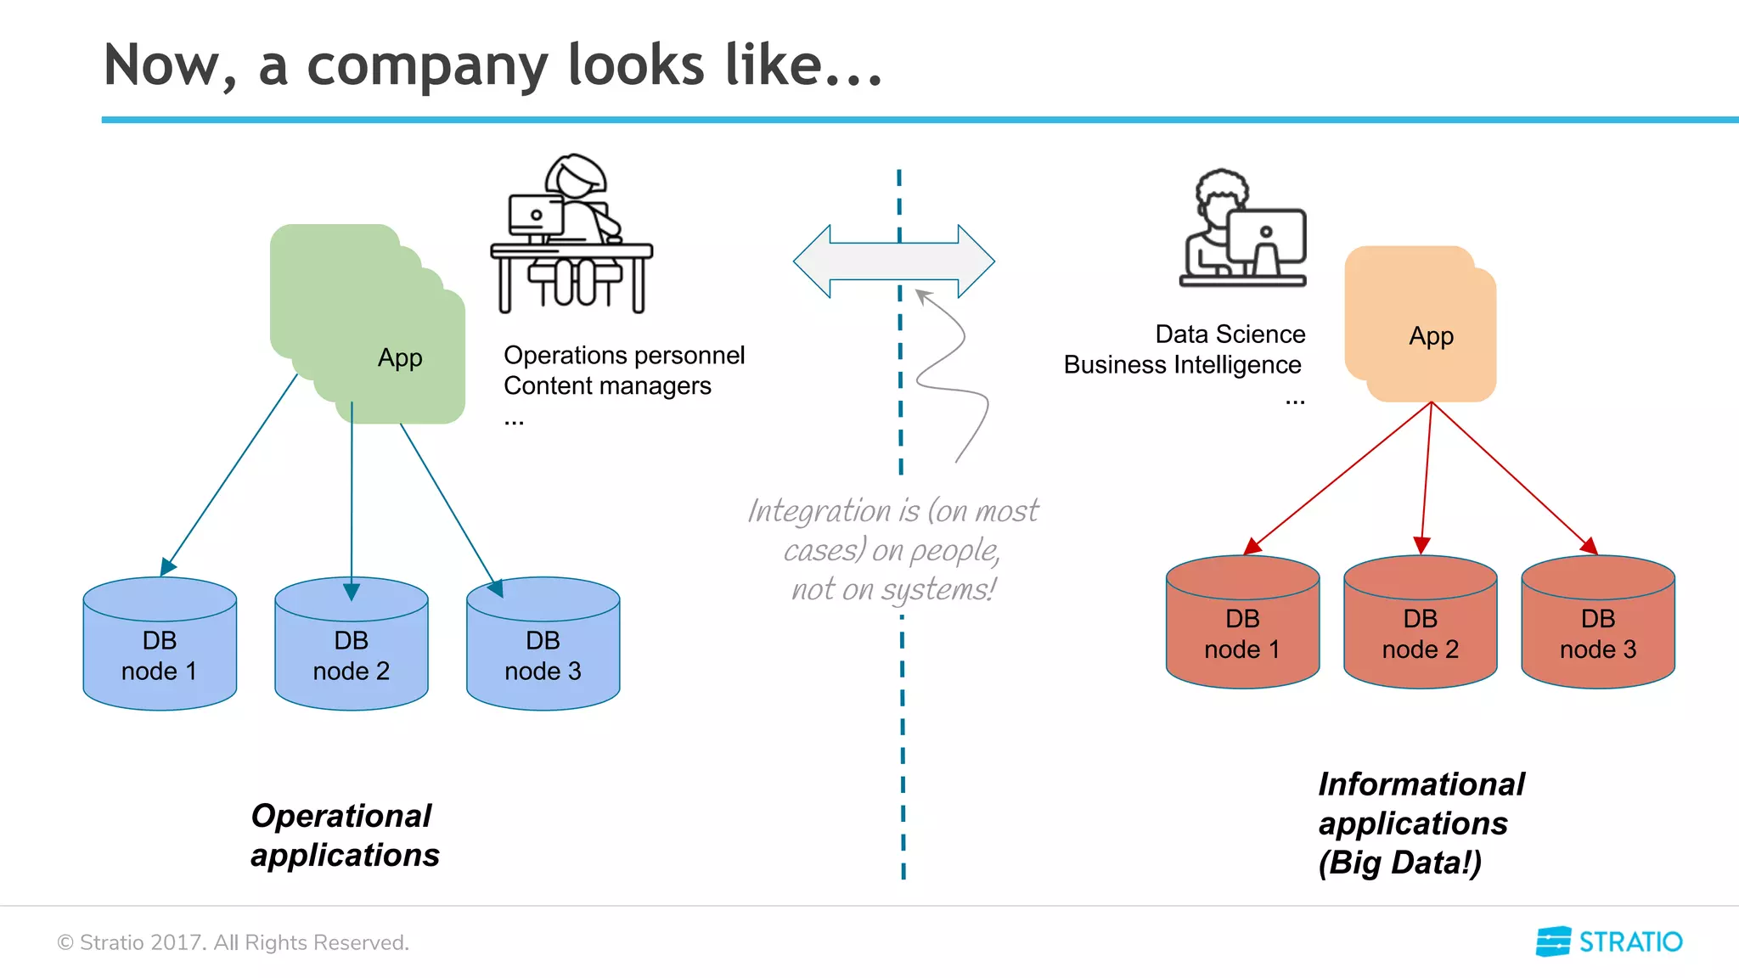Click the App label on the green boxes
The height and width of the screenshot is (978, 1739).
coord(400,357)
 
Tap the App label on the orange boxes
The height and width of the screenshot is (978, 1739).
coord(1431,335)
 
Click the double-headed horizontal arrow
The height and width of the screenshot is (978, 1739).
coord(893,261)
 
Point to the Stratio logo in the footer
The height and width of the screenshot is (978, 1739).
coord(1608,941)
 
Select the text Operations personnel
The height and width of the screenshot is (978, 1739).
coord(623,355)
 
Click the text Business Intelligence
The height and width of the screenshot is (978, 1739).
coord(1182,365)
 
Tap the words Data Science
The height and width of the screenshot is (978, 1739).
coord(1230,334)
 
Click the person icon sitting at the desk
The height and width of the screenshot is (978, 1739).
coord(571,233)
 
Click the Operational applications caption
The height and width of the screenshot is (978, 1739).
coord(345,835)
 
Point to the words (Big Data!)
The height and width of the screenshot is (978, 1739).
coord(1399,863)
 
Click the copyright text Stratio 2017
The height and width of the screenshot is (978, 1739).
coord(233,942)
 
